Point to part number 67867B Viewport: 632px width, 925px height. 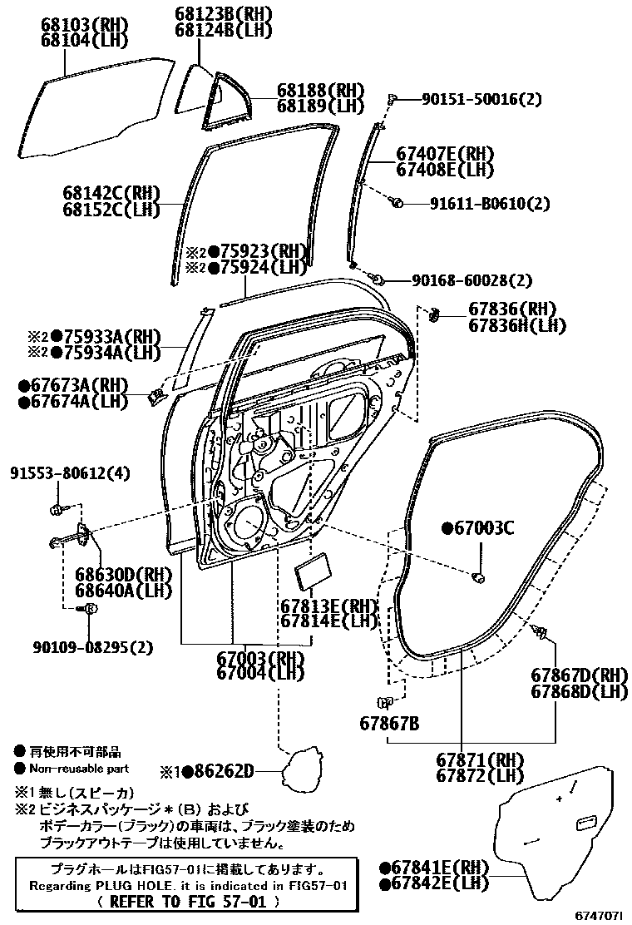tap(389, 723)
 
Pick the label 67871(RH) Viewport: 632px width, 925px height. tap(479, 759)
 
